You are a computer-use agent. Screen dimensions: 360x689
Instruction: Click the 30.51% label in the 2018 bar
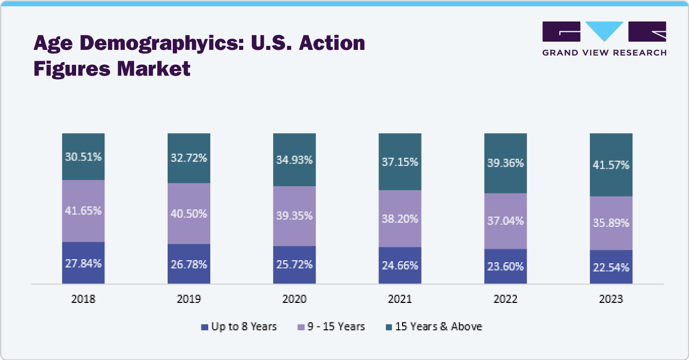point(83,157)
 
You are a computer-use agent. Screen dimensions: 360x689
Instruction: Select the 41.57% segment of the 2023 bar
point(611,165)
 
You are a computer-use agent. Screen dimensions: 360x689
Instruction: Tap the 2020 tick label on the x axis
point(294,299)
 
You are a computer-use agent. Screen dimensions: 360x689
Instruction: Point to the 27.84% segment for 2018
point(83,263)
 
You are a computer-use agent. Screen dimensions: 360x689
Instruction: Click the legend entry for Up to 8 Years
point(239,327)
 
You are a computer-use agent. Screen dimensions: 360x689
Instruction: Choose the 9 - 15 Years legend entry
point(331,327)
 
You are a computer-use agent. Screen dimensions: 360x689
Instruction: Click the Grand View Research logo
point(604,39)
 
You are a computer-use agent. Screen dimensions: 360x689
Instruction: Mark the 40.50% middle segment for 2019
point(189,213)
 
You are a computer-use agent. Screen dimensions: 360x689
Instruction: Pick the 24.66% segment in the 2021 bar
point(400,265)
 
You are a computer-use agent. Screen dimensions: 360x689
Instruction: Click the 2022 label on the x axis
point(505,299)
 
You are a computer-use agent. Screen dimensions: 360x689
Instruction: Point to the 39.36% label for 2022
point(505,163)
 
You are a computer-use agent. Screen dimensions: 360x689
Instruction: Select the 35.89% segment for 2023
point(611,223)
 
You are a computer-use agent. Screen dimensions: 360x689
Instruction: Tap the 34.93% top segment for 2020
point(294,159)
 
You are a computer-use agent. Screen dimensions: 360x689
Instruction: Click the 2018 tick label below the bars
point(83,299)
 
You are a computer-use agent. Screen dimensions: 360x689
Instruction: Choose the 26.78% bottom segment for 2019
point(189,264)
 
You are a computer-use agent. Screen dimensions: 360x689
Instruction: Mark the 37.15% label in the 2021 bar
point(400,161)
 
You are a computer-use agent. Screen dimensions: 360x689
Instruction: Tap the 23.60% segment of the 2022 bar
point(505,266)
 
